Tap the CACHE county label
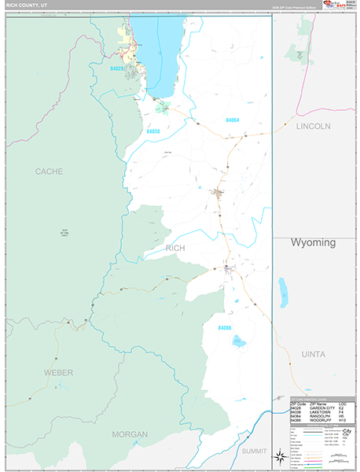(49, 171)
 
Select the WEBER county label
(58, 371)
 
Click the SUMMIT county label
(254, 451)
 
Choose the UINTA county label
(313, 355)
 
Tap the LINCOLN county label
(313, 126)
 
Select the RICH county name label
(176, 249)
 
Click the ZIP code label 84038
(154, 131)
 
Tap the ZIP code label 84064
(233, 120)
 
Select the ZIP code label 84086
(226, 327)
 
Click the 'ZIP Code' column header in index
(299, 404)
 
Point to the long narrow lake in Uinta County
(283, 291)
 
